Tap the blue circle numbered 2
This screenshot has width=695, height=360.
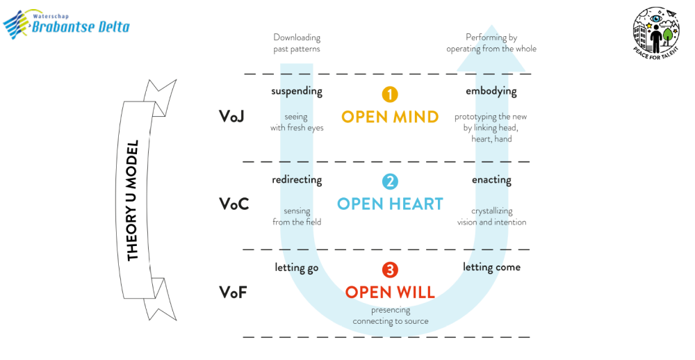(390, 182)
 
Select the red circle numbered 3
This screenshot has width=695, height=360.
(390, 270)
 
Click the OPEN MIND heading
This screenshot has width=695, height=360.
(390, 116)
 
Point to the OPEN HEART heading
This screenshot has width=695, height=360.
(390, 204)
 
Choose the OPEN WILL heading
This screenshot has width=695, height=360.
(390, 292)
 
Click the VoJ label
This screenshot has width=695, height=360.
(232, 116)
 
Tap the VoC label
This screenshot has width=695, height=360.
(234, 204)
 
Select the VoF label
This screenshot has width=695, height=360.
(232, 292)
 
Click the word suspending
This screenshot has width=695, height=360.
(297, 91)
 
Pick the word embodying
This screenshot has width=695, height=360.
(491, 91)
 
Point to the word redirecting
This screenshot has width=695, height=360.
(297, 179)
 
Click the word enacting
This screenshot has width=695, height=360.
(491, 179)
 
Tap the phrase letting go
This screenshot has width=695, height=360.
(297, 267)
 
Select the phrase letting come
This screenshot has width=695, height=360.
(491, 267)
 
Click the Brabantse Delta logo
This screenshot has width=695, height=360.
(67, 25)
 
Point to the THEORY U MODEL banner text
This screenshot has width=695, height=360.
(133, 201)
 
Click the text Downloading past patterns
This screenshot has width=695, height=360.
(297, 43)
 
